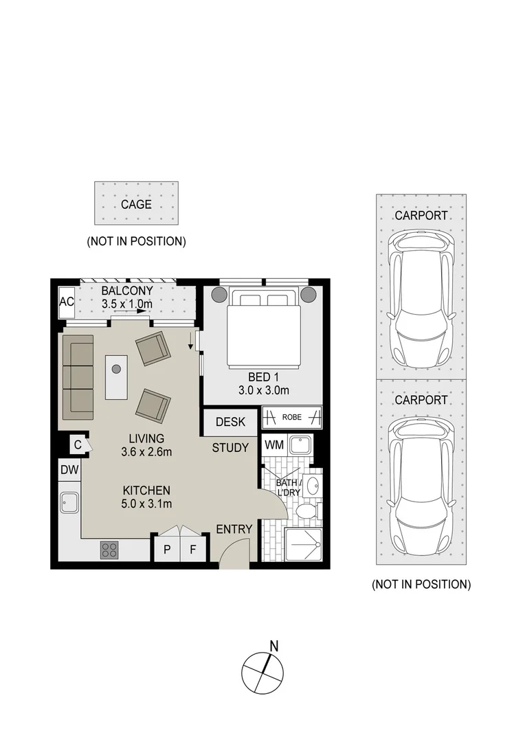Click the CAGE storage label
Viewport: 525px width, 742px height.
(x=136, y=205)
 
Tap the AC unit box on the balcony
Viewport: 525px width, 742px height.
(x=67, y=302)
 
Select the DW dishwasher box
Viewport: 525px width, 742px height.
(x=69, y=470)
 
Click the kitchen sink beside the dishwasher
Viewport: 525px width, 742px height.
(x=69, y=502)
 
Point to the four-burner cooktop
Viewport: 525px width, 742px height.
(x=109, y=550)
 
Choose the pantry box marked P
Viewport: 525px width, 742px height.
(x=167, y=549)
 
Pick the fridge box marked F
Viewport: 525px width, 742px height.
(x=192, y=549)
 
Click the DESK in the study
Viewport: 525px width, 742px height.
(x=230, y=422)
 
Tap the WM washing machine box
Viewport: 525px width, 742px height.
(x=274, y=445)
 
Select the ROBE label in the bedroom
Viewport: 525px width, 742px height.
(x=291, y=418)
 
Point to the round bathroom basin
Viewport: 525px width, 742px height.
(x=313, y=486)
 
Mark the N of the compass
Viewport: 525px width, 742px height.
(x=273, y=646)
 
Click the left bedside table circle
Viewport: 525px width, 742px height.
(x=219, y=295)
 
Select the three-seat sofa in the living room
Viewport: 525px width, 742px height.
(x=78, y=374)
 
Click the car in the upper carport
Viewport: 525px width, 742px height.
(x=421, y=300)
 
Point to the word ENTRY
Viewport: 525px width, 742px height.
(x=234, y=529)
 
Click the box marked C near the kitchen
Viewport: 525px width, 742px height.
(x=78, y=445)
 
